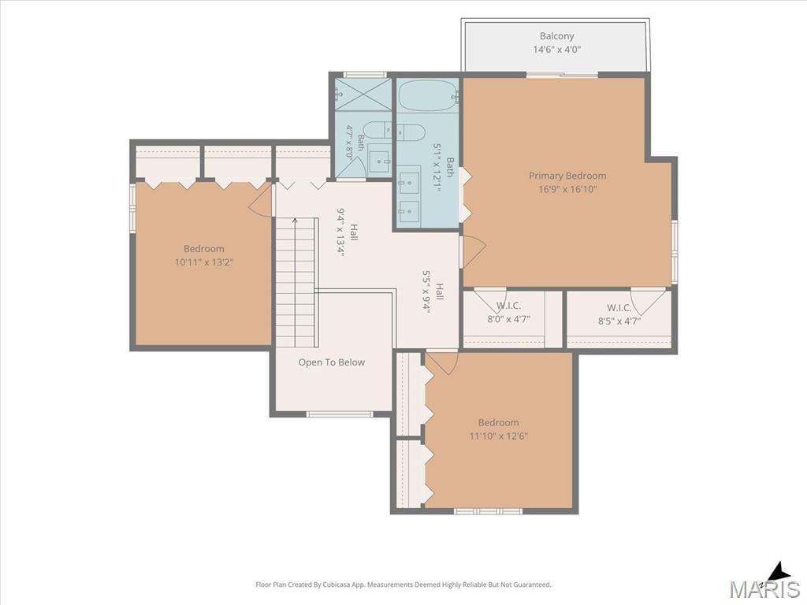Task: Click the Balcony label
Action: pos(556,36)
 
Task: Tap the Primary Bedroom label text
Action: pos(567,176)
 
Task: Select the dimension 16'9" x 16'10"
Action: pos(567,189)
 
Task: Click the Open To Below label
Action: pos(332,362)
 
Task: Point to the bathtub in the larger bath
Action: pos(427,95)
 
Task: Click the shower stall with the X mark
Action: pos(363,95)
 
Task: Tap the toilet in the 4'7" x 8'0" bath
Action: pos(377,130)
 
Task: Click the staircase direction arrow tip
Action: pos(295,219)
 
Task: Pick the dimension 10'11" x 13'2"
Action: pos(204,262)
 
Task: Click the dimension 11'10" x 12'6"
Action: pos(498,436)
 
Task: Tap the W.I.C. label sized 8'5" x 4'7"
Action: pos(619,308)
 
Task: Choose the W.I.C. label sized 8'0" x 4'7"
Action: pos(508,306)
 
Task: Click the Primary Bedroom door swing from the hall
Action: pos(473,252)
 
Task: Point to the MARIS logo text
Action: pos(764,588)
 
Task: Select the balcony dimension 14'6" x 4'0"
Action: pos(556,50)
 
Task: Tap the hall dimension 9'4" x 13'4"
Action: pos(340,232)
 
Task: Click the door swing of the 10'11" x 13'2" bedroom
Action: pos(260,201)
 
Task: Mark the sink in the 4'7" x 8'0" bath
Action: pos(380,161)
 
